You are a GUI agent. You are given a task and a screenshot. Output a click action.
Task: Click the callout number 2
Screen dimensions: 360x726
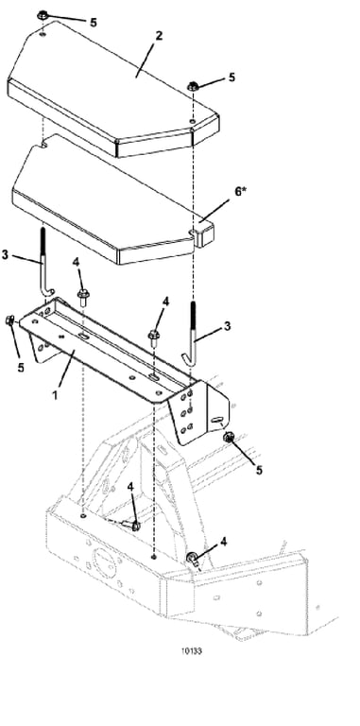pyautogui.click(x=159, y=36)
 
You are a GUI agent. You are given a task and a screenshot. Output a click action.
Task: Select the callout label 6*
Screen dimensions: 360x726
pyautogui.click(x=241, y=191)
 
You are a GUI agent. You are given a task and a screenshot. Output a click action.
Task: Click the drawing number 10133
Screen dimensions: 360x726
pyautogui.click(x=191, y=651)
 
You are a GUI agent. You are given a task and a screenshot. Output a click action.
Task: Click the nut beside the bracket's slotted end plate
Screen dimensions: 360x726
pyautogui.click(x=228, y=437)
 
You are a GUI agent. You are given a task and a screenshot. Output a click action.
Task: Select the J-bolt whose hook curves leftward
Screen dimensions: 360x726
pyautogui.click(x=190, y=335)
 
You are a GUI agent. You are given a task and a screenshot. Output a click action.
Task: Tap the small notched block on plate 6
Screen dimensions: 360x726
pyautogui.click(x=203, y=234)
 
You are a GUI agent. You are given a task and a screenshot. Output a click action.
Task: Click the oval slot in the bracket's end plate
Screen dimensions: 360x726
pyautogui.click(x=216, y=420)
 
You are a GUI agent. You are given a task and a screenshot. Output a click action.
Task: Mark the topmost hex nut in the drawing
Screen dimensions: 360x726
pyautogui.click(x=43, y=16)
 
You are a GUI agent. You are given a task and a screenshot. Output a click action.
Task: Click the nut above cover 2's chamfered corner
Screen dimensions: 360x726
pyautogui.click(x=194, y=86)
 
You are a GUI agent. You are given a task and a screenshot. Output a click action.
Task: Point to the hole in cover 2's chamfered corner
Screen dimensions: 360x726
pyautogui.click(x=193, y=121)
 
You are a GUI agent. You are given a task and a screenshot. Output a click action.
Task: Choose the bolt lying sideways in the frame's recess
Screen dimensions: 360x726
pyautogui.click(x=130, y=525)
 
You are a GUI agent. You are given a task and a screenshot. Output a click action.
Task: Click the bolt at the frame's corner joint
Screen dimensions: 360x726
pyautogui.click(x=192, y=559)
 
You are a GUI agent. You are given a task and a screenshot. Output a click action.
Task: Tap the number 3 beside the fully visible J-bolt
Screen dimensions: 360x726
pyautogui.click(x=227, y=326)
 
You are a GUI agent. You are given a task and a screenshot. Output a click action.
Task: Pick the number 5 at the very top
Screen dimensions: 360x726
pyautogui.click(x=94, y=23)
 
